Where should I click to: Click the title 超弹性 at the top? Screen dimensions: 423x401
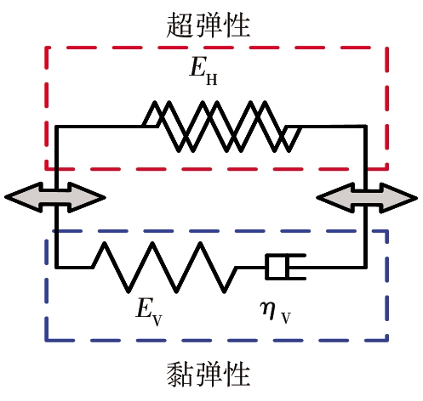(x=208, y=25)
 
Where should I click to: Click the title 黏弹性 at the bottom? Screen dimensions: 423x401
(x=208, y=375)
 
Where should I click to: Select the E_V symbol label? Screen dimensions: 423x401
(x=149, y=313)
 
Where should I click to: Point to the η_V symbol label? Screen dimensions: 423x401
(x=276, y=313)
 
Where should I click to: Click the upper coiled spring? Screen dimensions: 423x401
(x=222, y=127)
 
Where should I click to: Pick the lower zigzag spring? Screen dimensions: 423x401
(x=164, y=267)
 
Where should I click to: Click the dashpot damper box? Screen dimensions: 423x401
(x=285, y=267)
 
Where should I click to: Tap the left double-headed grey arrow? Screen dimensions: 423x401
(x=55, y=197)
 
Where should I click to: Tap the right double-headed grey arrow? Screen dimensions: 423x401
(x=367, y=198)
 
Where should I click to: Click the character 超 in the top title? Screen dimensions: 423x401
(x=179, y=25)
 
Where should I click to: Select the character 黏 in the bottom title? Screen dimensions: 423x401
(x=179, y=375)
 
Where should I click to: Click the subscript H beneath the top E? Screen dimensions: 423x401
(x=211, y=80)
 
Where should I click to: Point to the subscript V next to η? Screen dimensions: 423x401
(x=286, y=319)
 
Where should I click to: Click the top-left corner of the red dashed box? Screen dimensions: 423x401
(x=47, y=48)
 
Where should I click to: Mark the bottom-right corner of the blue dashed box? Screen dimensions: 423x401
(x=387, y=340)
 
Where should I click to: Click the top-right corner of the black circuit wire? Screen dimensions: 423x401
(x=365, y=127)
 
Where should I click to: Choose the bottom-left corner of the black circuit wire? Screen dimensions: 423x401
(x=57, y=267)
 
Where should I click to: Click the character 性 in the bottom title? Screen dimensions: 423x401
(x=237, y=375)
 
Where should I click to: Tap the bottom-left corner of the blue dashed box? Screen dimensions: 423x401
(x=47, y=340)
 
